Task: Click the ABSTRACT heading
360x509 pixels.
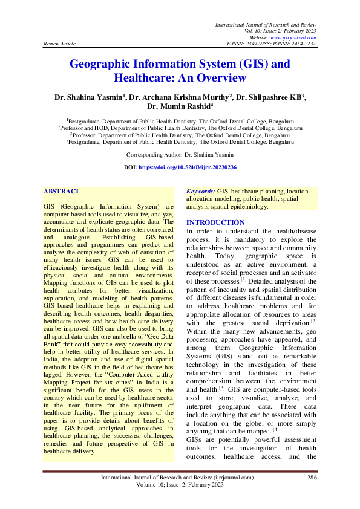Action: (x=61, y=192)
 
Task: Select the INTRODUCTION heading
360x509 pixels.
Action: (x=215, y=223)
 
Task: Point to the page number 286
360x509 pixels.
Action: (x=312, y=478)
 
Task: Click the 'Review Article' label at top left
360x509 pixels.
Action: (x=59, y=44)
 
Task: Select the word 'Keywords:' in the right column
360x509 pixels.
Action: (x=200, y=191)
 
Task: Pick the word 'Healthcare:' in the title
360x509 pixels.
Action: (x=143, y=78)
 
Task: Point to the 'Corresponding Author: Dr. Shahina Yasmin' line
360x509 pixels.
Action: (x=180, y=155)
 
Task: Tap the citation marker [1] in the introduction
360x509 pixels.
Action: (x=244, y=280)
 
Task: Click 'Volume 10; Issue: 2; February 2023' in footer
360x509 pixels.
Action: (x=179, y=485)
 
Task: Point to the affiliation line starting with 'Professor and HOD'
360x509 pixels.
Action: (x=180, y=128)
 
